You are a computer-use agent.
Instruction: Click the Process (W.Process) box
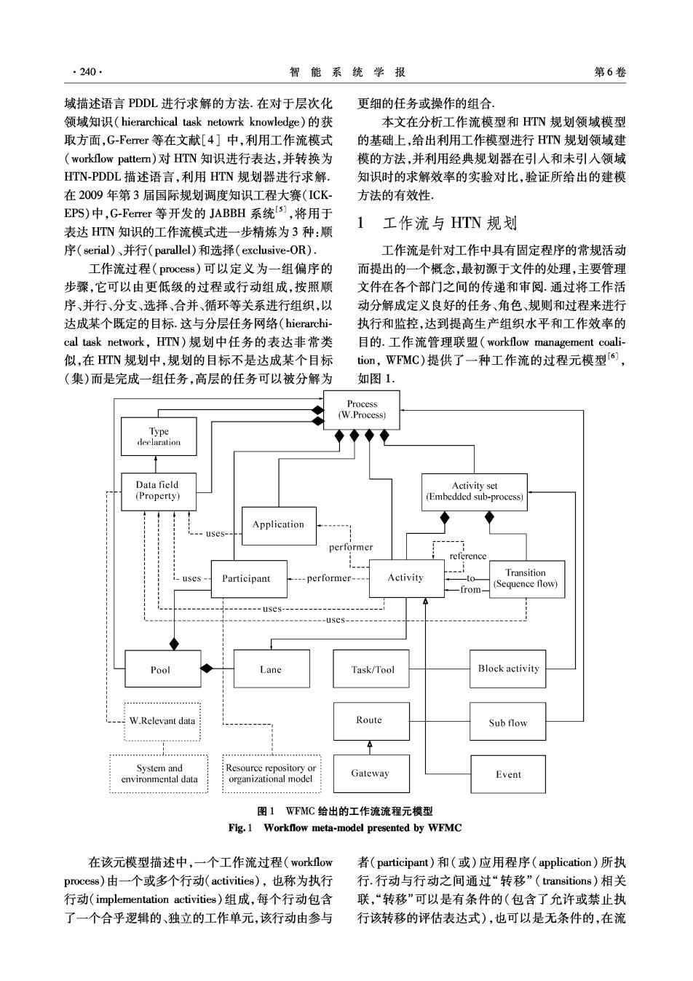(x=361, y=410)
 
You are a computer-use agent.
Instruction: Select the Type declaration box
(x=159, y=436)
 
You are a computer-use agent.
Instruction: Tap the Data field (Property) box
(x=159, y=492)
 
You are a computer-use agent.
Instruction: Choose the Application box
(x=279, y=526)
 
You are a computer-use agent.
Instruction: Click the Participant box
(x=249, y=579)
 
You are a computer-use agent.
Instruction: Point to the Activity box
(x=407, y=578)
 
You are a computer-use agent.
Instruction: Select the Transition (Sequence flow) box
(x=526, y=579)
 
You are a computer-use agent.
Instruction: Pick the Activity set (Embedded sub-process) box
(x=474, y=492)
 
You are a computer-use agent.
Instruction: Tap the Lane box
(x=272, y=669)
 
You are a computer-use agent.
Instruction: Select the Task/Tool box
(x=371, y=669)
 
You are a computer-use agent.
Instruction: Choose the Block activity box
(x=508, y=669)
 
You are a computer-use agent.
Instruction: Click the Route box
(x=371, y=721)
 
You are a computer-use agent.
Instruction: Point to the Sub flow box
(x=508, y=721)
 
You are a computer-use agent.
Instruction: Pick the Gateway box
(x=371, y=773)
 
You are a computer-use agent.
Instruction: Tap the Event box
(x=508, y=774)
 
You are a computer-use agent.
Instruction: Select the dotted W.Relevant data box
(x=162, y=722)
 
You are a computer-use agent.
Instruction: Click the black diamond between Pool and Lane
(x=207, y=669)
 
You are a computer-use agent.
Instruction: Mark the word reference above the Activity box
(x=468, y=556)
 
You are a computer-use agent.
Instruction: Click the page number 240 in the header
(x=88, y=72)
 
